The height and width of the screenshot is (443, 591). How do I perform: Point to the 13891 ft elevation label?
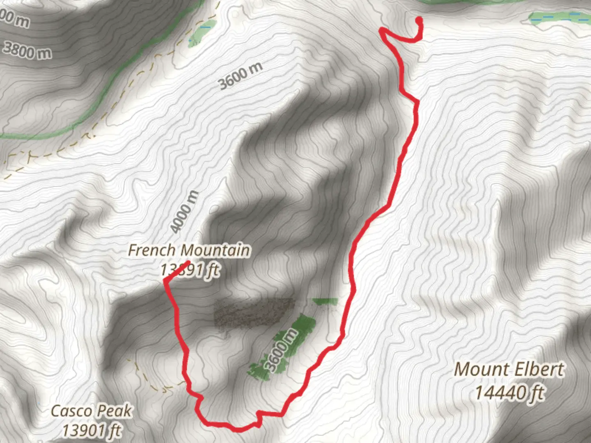tap(190, 270)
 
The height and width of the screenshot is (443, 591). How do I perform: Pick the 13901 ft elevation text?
tap(92, 431)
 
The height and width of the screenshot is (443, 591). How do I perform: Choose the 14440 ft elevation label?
tap(509, 393)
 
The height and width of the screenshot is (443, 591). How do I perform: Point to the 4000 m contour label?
tap(184, 212)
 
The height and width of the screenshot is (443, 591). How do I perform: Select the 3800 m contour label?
tap(27, 50)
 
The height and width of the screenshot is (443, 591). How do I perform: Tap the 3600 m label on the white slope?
tap(240, 76)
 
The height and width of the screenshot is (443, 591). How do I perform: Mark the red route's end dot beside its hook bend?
tap(419, 19)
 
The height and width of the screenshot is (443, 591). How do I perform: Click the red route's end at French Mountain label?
tap(188, 262)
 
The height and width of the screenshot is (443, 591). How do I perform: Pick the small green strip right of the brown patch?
tap(325, 302)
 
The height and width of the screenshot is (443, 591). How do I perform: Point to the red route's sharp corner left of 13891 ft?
tap(165, 281)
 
